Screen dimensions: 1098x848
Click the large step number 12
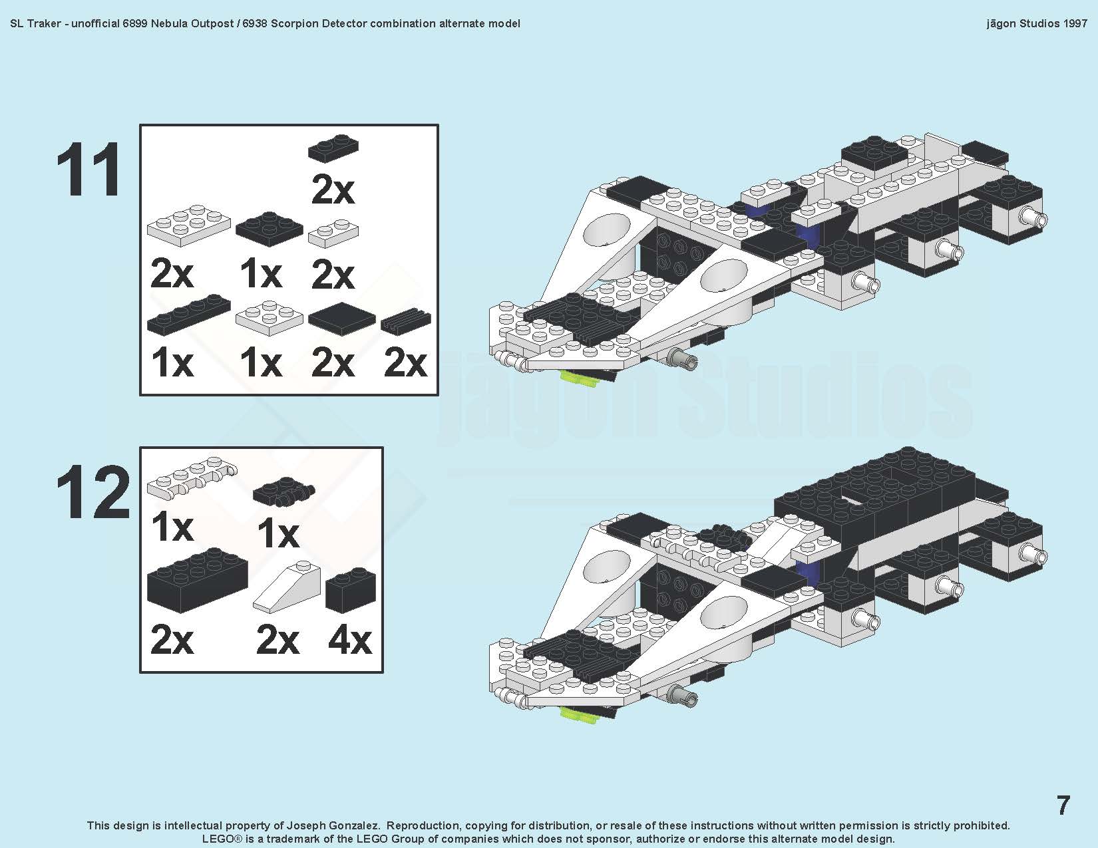pos(93,492)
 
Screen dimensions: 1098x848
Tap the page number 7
pos(1063,805)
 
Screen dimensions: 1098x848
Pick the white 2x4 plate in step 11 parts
pos(189,225)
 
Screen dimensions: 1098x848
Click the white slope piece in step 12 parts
pos(287,586)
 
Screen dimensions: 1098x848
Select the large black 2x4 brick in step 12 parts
pos(198,581)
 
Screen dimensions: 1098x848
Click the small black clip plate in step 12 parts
pos(283,491)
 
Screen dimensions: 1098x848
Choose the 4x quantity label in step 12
pos(350,640)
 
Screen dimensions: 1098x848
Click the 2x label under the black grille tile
pos(406,363)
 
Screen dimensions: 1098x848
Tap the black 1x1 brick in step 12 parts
pos(351,591)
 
